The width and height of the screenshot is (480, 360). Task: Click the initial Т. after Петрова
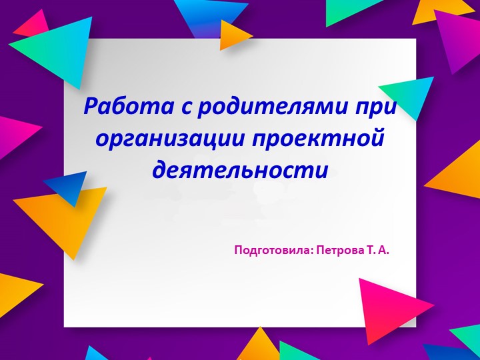click(x=370, y=251)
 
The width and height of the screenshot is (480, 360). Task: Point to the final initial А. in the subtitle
click(x=383, y=251)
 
